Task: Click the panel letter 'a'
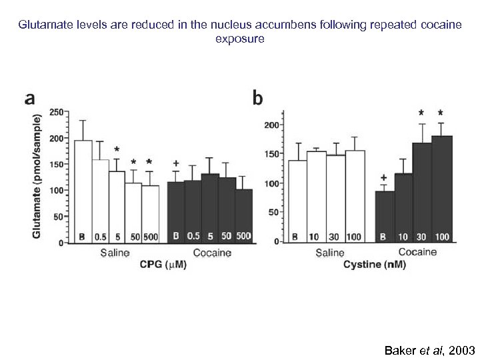30,99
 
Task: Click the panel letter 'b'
258,98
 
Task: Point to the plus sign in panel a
175,163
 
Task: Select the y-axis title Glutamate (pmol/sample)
37,176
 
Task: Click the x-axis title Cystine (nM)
377,265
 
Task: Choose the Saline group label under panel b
329,253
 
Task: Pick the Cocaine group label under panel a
212,253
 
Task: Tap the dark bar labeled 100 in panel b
442,189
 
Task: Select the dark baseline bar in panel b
385,217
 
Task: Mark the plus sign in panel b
384,178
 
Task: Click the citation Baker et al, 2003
429,350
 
